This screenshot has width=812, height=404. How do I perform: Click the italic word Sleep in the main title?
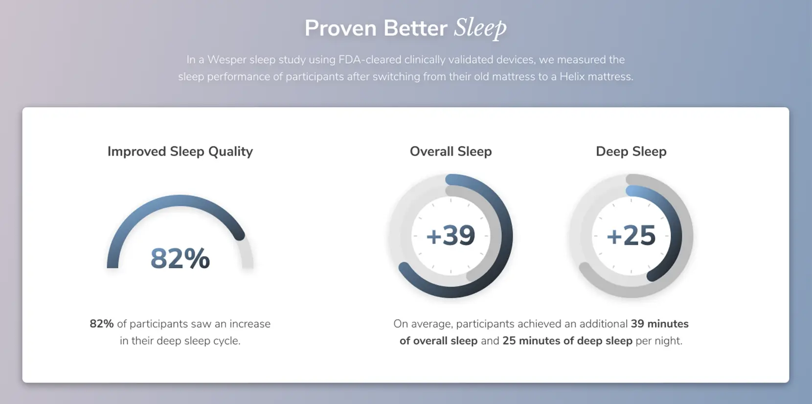point(480,28)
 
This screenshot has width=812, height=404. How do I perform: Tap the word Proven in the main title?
point(340,28)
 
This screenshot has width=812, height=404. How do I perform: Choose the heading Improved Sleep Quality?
point(180,151)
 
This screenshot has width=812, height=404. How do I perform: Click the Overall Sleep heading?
point(451,151)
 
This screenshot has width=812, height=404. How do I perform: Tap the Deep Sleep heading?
point(631,151)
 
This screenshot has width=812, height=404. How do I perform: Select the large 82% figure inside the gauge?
point(180,259)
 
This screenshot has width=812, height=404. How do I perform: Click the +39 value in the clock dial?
point(451,236)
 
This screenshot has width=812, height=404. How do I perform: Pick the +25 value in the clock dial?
point(631,236)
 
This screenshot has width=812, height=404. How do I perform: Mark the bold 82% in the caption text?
point(102,323)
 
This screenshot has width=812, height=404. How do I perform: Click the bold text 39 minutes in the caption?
point(659,323)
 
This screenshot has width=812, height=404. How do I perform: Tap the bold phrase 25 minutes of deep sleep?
point(567,341)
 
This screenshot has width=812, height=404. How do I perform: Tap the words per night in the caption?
point(659,341)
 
